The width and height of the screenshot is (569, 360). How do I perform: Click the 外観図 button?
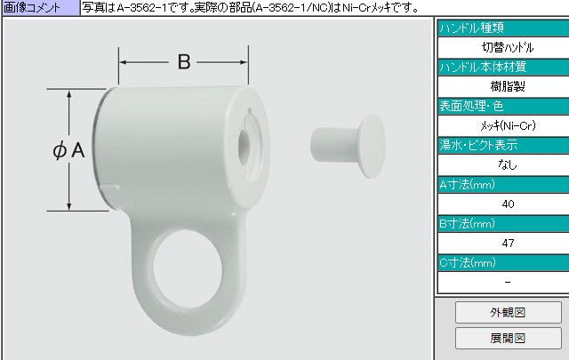(x=508, y=312)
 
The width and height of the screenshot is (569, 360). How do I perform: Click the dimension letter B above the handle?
(x=184, y=61)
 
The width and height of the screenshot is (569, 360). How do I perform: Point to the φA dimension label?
(x=69, y=150)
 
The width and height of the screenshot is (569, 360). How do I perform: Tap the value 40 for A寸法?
(x=508, y=204)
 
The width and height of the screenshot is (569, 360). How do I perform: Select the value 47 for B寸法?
(x=508, y=244)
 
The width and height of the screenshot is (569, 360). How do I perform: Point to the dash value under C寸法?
(x=508, y=282)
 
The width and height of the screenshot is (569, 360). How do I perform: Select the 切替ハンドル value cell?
(x=508, y=47)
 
